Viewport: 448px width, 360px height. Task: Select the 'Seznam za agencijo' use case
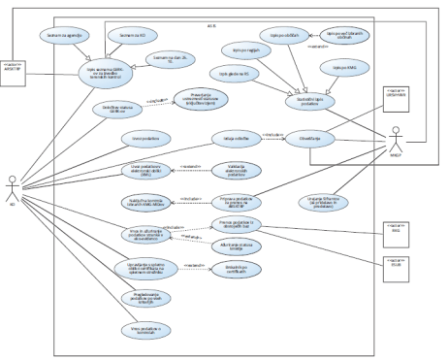coord(87,34)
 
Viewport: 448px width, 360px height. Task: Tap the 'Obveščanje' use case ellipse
coord(307,137)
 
